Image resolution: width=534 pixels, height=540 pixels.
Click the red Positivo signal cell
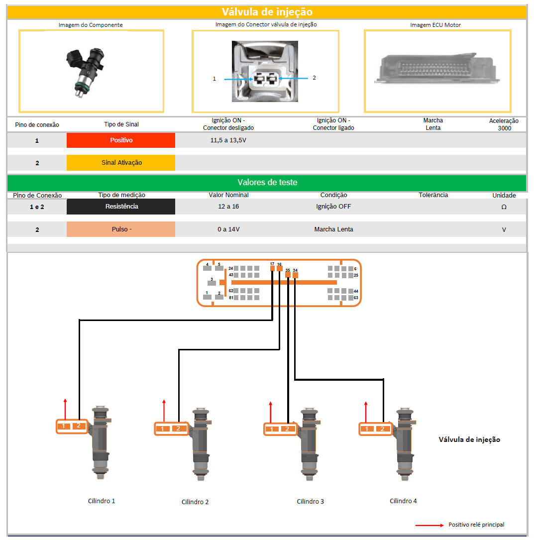click(121, 140)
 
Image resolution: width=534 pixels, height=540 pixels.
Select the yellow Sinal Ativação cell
click(121, 163)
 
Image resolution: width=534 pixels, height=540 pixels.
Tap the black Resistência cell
click(121, 207)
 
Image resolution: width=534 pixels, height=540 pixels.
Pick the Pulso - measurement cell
click(121, 229)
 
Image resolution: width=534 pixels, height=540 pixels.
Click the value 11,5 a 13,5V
click(228, 140)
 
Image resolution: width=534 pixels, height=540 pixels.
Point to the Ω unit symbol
click(504, 207)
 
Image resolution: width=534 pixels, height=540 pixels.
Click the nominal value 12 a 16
click(228, 206)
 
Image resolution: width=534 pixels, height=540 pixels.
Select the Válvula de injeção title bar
click(267, 12)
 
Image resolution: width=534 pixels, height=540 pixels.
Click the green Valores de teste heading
click(267, 183)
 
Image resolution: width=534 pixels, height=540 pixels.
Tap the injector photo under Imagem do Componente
click(86, 71)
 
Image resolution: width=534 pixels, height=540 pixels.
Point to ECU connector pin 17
click(272, 268)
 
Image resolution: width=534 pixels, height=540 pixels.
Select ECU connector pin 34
click(295, 275)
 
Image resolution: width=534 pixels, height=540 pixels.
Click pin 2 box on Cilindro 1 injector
click(78, 426)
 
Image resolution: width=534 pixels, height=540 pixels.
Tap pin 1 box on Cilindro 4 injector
click(367, 429)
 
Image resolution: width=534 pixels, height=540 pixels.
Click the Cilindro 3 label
click(310, 502)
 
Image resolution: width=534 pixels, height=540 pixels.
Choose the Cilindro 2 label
click(195, 502)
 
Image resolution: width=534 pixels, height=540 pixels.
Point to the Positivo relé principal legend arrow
click(429, 525)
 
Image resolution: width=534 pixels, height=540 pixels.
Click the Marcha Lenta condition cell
click(333, 229)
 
